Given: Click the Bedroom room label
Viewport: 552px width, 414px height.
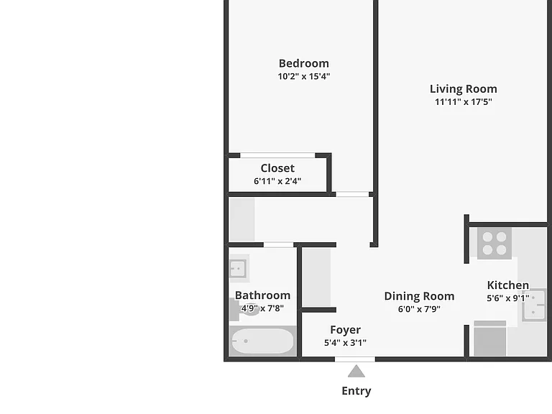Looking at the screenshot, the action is [304, 63].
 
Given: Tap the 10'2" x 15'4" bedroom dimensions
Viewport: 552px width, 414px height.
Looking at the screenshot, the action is [304, 76].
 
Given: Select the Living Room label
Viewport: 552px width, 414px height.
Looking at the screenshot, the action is [464, 89].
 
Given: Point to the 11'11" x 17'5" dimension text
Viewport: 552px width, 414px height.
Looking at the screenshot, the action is [464, 102].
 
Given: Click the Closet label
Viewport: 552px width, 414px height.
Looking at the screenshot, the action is [277, 168].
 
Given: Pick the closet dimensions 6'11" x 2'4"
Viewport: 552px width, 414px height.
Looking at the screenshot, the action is [277, 181].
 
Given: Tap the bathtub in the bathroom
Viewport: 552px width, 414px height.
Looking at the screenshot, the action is [262, 341].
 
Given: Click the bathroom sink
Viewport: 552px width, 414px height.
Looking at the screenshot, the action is [239, 269].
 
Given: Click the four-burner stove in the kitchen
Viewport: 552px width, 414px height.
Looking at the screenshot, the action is [494, 243].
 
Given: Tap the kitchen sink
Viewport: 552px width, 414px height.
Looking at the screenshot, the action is [534, 305].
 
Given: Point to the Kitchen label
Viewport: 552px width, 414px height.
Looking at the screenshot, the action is [508, 285].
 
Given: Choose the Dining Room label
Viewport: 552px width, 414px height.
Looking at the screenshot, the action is [419, 296].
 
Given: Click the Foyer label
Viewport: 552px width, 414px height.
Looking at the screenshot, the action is [345, 330].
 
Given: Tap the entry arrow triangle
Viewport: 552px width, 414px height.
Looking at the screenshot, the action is [356, 371].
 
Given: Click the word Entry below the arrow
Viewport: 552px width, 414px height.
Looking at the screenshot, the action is [356, 391].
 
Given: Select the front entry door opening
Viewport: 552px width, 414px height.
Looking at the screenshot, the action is [355, 359].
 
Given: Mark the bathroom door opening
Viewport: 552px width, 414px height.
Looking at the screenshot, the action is [278, 244].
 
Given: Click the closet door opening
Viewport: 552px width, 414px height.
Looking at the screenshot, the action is [277, 155].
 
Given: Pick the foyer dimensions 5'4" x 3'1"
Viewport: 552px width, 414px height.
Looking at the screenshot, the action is [345, 343].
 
